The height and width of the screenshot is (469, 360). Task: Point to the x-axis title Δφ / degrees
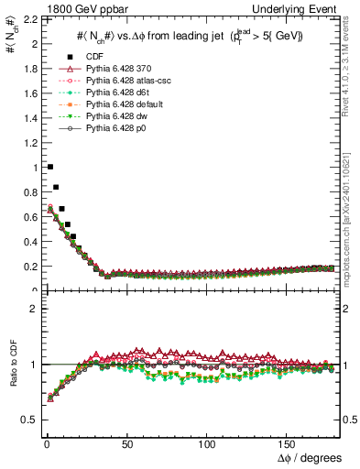[x=310, y=457]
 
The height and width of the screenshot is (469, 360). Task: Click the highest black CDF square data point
[x=49, y=167]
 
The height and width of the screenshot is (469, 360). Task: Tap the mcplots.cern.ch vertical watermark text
[x=352, y=220]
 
